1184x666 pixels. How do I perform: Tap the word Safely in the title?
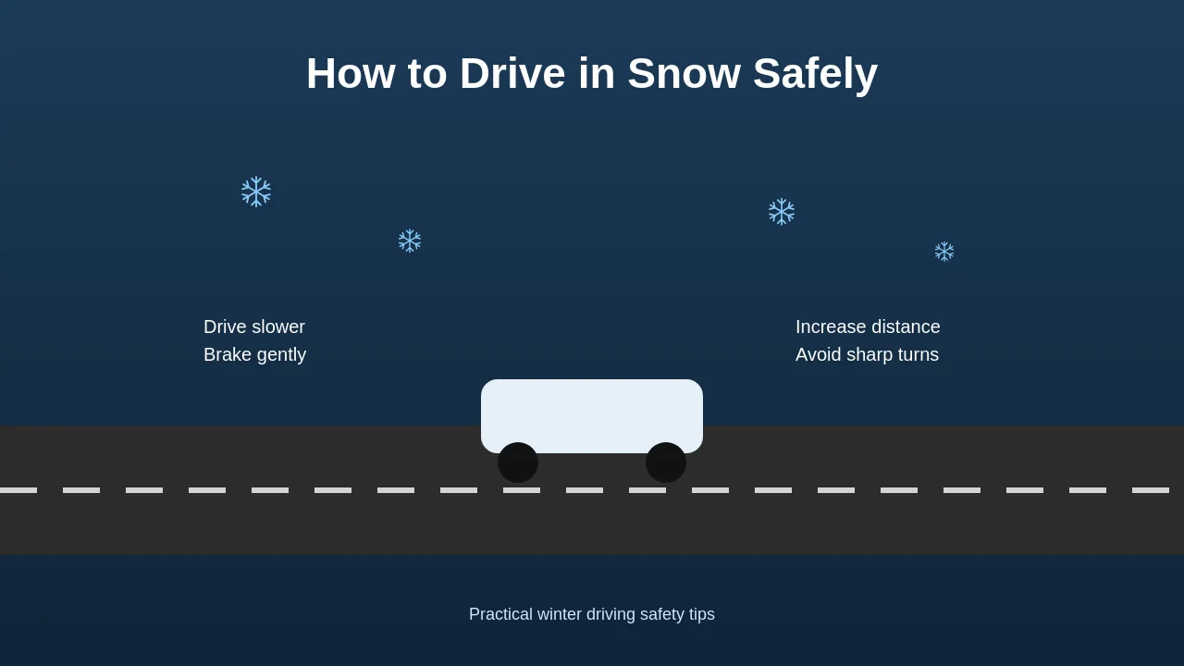click(x=815, y=74)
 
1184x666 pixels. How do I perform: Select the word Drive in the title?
click(x=512, y=74)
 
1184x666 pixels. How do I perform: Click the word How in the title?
click(x=351, y=74)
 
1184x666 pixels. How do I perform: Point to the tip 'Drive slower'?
click(x=254, y=327)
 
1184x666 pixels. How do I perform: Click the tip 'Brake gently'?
click(x=254, y=354)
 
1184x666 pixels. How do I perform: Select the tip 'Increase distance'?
click(x=868, y=327)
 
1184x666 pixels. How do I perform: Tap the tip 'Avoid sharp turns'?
click(x=867, y=354)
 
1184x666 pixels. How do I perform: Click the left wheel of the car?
click(x=518, y=462)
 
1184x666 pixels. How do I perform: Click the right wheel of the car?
click(x=666, y=462)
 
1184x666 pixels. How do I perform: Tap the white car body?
click(x=592, y=412)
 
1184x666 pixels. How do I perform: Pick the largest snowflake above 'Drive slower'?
click(x=256, y=191)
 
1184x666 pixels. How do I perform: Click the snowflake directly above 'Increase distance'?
click(x=782, y=212)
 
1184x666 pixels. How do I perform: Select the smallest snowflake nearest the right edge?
click(x=944, y=252)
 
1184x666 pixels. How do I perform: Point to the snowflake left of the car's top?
click(x=410, y=240)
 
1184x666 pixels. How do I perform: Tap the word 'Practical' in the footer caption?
click(x=500, y=614)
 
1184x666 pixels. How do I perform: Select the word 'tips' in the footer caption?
click(x=700, y=614)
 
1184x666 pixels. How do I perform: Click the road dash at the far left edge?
click(x=18, y=490)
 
